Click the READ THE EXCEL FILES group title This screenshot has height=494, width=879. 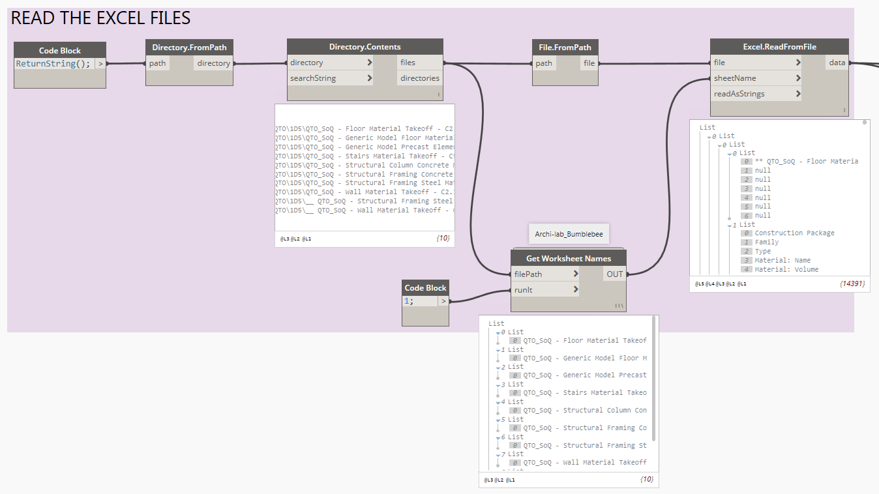pos(101,18)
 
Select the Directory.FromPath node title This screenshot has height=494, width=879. pos(189,48)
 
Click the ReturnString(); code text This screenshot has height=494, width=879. pos(53,64)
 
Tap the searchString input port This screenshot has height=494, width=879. pos(313,78)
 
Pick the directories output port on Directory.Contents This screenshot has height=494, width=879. pos(420,78)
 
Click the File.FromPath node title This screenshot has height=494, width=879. pos(565,48)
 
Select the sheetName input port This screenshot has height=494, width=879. pos(735,78)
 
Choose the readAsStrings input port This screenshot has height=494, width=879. pos(739,94)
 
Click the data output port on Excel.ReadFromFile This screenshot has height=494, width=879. pos(837,63)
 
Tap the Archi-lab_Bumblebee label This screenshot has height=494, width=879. pos(569,233)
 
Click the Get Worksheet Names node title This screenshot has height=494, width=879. pos(568,259)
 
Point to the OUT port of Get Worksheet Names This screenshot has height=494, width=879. pos(614,274)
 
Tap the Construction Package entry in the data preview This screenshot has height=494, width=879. pos(794,233)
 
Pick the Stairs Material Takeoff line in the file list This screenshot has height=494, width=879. pos(364,156)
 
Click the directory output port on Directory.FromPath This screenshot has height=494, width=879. pos(213,63)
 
